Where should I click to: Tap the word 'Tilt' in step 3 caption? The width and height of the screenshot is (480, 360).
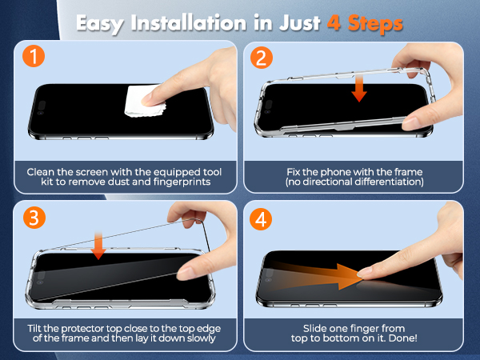coord(37,331)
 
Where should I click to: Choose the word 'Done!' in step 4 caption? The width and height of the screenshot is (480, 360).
coord(408,342)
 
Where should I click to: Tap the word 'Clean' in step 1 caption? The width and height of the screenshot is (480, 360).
coord(42,171)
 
